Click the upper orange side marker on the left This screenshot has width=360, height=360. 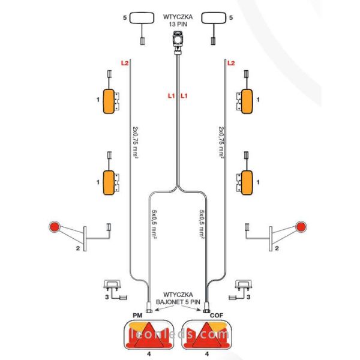tap(110, 100)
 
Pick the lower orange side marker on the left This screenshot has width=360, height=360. tap(110, 181)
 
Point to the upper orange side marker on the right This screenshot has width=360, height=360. tap(246, 100)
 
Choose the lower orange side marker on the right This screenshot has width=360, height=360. tap(246, 181)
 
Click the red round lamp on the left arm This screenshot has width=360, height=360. tap(54, 228)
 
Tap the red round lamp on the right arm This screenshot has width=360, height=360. tap(302, 228)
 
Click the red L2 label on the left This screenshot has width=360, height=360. tap(125, 62)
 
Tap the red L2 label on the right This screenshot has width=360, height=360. tap(231, 62)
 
